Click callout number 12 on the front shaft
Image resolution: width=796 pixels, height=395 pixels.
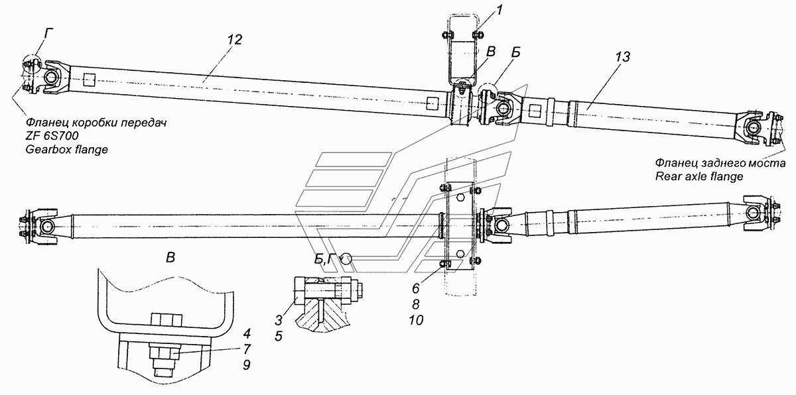(235, 39)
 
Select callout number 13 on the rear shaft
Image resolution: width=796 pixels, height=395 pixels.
(622, 57)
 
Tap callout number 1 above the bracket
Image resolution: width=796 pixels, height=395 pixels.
(499, 11)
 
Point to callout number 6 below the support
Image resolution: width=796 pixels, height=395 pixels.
(415, 288)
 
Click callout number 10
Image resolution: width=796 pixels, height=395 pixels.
(416, 320)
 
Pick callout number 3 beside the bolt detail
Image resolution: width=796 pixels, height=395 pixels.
(278, 320)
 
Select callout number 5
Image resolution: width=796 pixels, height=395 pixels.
(278, 336)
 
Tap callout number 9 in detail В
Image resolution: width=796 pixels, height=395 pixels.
(247, 365)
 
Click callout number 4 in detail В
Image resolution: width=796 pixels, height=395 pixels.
(247, 333)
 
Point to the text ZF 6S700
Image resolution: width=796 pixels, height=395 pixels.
(52, 136)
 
